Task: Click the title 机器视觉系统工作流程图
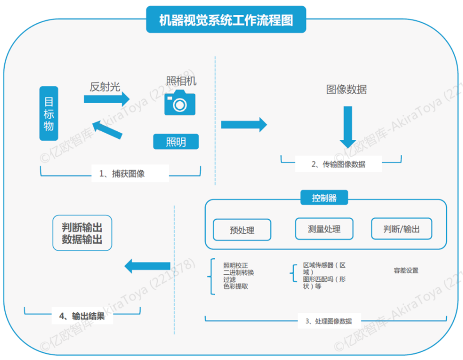[226, 20]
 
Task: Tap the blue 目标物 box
[49, 113]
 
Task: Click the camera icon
[180, 102]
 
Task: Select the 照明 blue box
[176, 142]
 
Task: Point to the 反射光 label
[105, 86]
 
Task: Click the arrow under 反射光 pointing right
[106, 99]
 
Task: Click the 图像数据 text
[346, 90]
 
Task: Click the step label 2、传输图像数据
[338, 164]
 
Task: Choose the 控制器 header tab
[324, 198]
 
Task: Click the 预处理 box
[242, 230]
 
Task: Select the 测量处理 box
[324, 229]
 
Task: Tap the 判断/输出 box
[401, 229]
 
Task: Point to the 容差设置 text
[406, 270]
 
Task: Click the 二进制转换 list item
[238, 273]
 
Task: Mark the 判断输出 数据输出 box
[82, 233]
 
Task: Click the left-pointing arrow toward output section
[147, 266]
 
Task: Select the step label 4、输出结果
[82, 316]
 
